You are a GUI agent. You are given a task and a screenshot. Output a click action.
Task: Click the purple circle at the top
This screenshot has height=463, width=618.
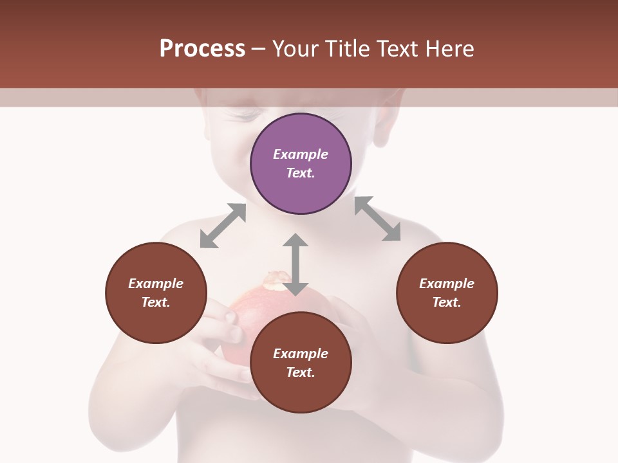tap(301, 163)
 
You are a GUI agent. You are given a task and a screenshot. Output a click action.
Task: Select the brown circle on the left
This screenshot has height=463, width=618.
tap(156, 293)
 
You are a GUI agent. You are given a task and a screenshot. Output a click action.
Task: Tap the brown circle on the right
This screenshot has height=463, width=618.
tap(447, 293)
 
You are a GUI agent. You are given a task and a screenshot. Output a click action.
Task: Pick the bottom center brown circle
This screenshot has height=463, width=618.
tap(301, 363)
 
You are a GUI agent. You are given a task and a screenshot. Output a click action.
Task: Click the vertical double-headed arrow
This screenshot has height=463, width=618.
tap(295, 264)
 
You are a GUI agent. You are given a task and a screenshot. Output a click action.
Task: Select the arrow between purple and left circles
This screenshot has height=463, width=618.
tap(223, 226)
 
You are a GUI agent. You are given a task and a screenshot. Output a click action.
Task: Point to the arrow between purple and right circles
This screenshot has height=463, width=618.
tap(377, 219)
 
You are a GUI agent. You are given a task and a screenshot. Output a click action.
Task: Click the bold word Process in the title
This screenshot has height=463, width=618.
tap(202, 49)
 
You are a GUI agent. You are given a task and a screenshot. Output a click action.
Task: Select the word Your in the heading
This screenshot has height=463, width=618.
tap(295, 49)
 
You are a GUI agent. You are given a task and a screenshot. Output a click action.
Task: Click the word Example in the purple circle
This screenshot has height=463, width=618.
tap(301, 154)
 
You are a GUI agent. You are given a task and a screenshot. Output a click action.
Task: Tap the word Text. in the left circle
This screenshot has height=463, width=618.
tap(156, 302)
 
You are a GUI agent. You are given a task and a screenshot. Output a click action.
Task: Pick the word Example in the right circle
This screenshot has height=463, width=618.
tap(447, 284)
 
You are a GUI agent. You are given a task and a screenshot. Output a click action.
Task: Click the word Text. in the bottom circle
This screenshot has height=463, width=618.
tap(301, 372)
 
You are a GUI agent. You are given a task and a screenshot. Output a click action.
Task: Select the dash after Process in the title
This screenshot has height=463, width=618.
tap(259, 49)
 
